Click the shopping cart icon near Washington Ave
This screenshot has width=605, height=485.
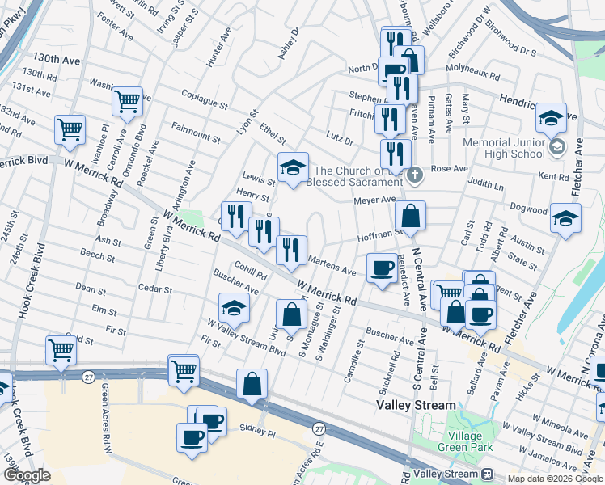pos(128,102)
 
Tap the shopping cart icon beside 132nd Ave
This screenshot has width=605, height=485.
pos(70,129)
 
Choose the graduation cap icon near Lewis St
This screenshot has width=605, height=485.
pos(293,167)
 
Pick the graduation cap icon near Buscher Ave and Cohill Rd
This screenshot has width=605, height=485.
pos(234,309)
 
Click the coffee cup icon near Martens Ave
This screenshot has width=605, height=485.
pos(381,268)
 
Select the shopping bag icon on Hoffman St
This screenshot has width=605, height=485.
pos(410,216)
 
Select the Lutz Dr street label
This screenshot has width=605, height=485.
pos(339,141)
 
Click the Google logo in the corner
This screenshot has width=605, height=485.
pos(26,475)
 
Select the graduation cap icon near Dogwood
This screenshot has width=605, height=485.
pos(565,218)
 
